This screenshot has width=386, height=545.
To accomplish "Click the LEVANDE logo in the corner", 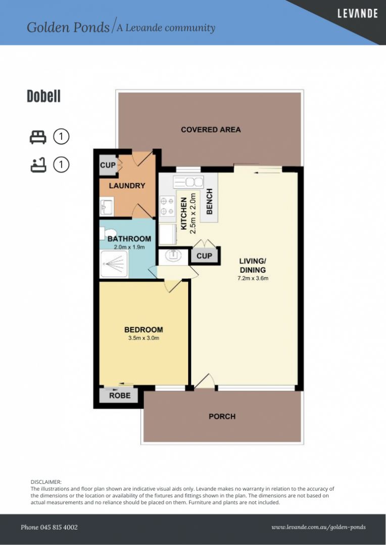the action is click(x=357, y=14).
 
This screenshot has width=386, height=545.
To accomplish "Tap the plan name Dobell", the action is click(x=44, y=96).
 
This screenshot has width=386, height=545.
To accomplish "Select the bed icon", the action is click(x=38, y=137).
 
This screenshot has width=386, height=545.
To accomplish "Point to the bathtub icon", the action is click(x=38, y=165).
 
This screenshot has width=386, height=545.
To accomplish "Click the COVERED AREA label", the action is click(x=211, y=130).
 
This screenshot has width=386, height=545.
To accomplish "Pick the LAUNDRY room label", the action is click(x=127, y=186).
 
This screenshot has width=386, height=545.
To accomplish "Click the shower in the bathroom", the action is click(x=114, y=264).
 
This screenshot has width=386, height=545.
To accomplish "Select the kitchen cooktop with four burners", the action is click(x=167, y=206).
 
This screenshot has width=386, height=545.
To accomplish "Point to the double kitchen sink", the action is click(x=188, y=182).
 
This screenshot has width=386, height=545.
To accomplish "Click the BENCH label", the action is click(x=209, y=201).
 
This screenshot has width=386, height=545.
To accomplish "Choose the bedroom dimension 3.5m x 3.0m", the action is click(x=143, y=338).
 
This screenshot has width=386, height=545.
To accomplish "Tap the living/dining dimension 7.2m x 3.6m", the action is click(x=253, y=278).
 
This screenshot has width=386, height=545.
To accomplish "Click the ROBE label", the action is click(x=120, y=396).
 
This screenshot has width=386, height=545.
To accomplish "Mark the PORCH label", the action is click(x=222, y=416).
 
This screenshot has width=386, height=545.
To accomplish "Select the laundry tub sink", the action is click(x=107, y=207).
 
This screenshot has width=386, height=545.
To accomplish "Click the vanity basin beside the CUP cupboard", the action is click(x=173, y=256).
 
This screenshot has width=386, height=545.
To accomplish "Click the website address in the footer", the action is click(x=318, y=527).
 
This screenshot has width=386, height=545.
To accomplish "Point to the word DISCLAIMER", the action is click(x=46, y=482).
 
